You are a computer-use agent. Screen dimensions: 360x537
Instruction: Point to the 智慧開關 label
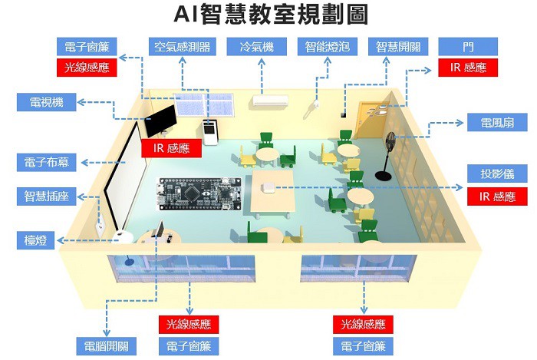pos(398,46)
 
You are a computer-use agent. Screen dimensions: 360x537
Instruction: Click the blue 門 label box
pos(468,46)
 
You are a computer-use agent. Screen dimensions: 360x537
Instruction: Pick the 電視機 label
pos(46,103)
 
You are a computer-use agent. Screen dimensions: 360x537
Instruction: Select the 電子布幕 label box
pos(46,163)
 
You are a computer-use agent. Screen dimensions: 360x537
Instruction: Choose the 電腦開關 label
pos(107,345)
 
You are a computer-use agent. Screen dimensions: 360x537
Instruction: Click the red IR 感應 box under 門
pos(468,68)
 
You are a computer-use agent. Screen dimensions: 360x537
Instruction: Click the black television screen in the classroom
pos(162,121)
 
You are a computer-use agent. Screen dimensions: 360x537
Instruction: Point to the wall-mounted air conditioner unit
pos(270,100)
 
